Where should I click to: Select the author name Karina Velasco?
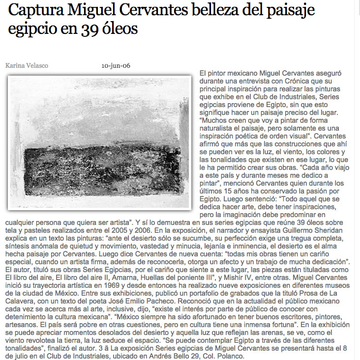(x=27, y=66)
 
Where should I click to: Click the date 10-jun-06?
(x=116, y=66)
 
